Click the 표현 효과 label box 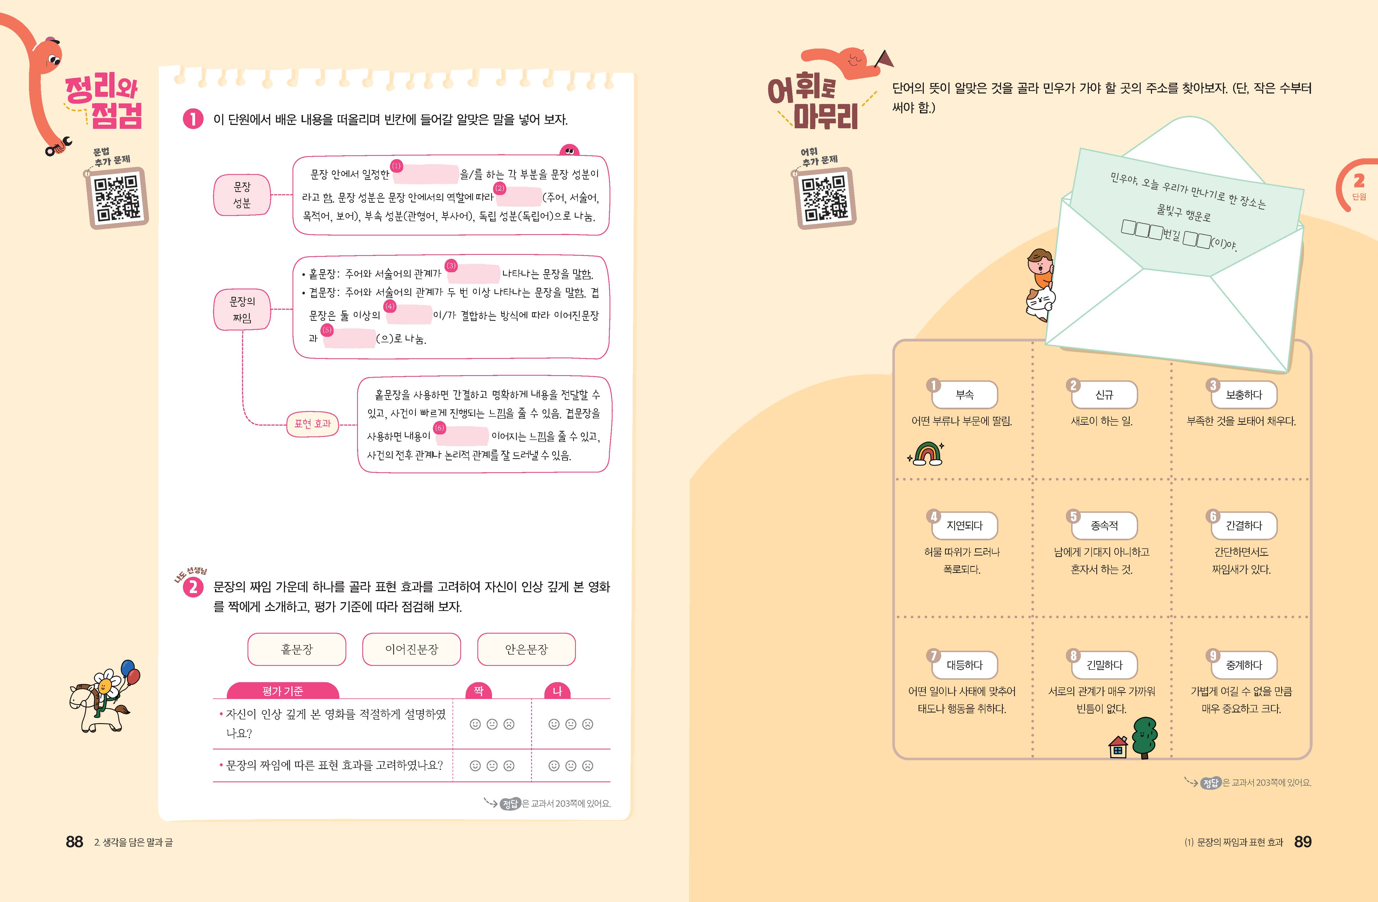coord(313,424)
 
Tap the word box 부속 coord(965,395)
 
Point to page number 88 coord(75,842)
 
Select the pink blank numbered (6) coord(466,435)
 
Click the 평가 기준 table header coord(283,691)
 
